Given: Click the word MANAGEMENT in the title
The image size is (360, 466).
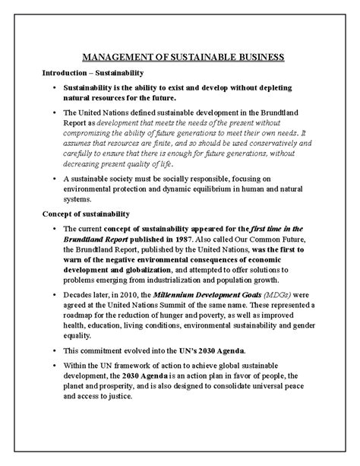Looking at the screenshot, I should coord(112,57).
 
